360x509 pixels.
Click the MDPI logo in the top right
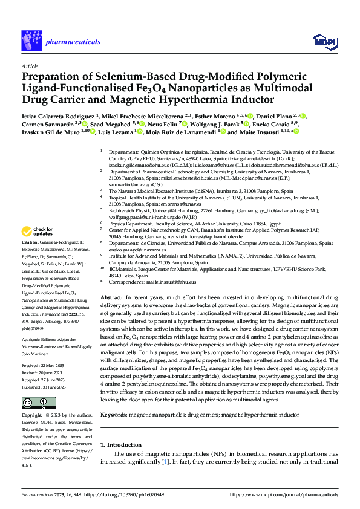tap(321, 41)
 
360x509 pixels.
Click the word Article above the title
tap(30, 65)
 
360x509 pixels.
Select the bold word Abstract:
tap(111, 299)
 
